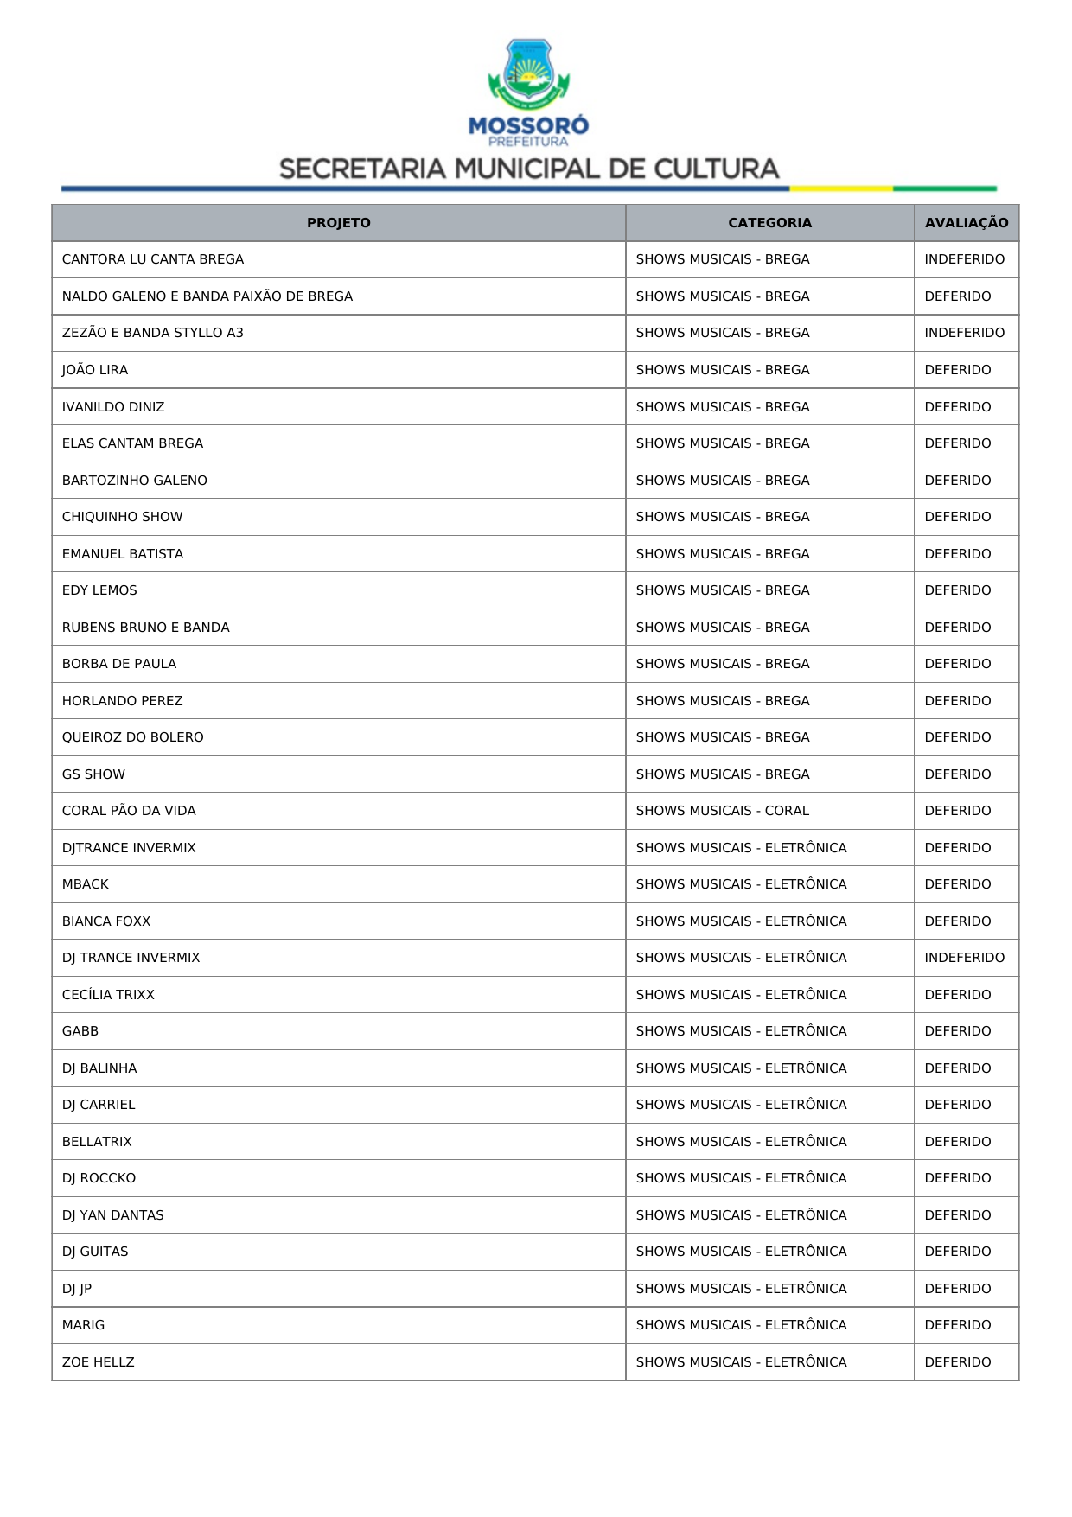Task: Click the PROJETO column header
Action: tap(338, 223)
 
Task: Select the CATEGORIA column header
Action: tap(769, 223)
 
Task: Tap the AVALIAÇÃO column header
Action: tap(966, 223)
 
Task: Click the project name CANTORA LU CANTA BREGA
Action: tap(153, 259)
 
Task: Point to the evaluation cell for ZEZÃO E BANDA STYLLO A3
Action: tap(964, 333)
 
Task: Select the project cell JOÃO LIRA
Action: tap(95, 370)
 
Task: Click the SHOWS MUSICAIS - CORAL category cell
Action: tap(722, 811)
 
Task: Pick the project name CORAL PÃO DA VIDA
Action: tap(129, 811)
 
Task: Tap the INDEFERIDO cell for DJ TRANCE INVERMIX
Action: tap(964, 958)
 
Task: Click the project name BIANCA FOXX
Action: tap(106, 921)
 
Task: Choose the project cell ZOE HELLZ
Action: tap(99, 1362)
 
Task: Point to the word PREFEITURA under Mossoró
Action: tap(528, 142)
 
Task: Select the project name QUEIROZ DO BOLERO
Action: tap(133, 737)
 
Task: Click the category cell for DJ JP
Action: tap(741, 1289)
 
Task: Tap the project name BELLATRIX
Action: tap(97, 1142)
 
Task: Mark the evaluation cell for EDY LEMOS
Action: tap(957, 590)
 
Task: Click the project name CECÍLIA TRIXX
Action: tap(108, 995)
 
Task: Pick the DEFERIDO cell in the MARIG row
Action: tap(957, 1325)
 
